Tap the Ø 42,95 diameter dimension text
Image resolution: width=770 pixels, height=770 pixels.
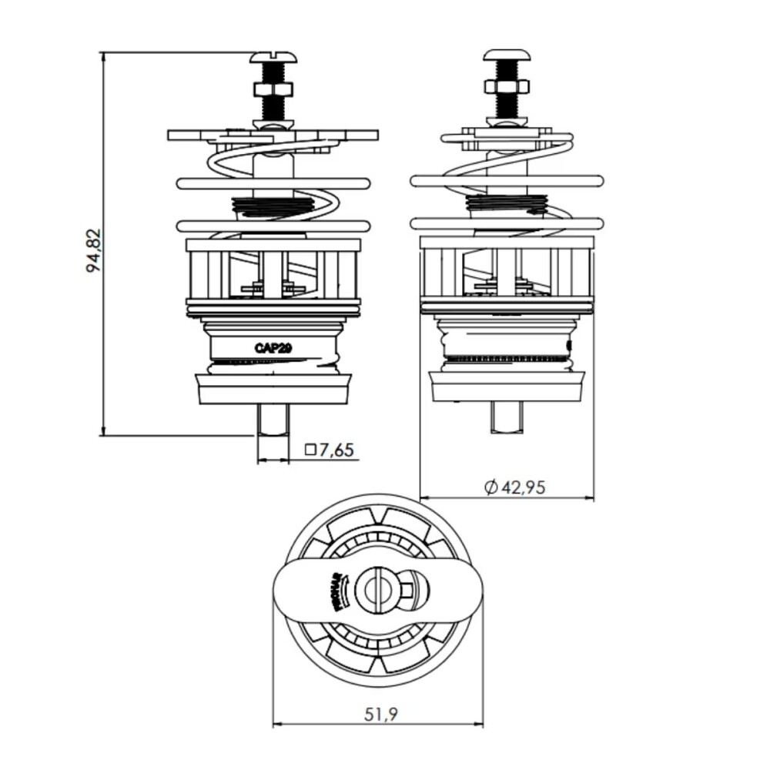[x=515, y=487]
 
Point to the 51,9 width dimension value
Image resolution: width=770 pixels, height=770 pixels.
[x=380, y=715]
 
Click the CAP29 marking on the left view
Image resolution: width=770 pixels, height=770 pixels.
[x=273, y=347]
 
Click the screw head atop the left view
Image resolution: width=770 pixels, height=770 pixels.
[x=273, y=59]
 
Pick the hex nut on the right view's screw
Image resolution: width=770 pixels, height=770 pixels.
[x=505, y=86]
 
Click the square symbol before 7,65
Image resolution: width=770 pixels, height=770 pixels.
[x=311, y=450]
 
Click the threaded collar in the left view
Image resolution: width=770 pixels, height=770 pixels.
[x=273, y=206]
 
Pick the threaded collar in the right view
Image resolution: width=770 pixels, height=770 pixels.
[x=506, y=203]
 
